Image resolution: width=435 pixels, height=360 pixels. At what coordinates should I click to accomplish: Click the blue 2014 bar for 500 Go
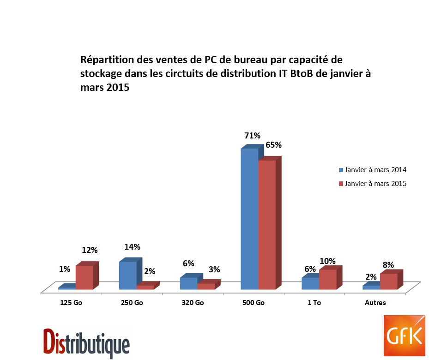[249, 219]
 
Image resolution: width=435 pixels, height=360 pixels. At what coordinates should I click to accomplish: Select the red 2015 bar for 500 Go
[267, 225]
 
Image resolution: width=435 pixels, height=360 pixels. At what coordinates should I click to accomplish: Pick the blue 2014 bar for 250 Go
[128, 276]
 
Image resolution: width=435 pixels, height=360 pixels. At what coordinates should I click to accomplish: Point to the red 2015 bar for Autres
[388, 282]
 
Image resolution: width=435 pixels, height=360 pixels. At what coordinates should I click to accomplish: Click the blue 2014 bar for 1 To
[310, 283]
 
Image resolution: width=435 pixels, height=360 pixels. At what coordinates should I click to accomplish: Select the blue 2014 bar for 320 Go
[188, 283]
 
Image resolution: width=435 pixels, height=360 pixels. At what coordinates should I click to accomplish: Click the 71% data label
[253, 136]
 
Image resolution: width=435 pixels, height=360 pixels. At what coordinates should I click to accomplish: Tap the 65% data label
[273, 145]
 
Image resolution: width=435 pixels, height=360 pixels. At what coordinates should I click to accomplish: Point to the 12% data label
[90, 250]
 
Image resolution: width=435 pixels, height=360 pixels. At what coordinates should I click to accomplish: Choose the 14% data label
[132, 247]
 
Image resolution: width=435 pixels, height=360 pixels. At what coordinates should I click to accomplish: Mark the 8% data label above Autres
[388, 265]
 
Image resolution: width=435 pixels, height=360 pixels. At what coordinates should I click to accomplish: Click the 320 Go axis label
[193, 303]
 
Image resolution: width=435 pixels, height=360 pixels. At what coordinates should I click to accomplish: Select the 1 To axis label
[314, 303]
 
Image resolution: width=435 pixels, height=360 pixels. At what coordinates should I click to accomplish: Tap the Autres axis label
[375, 303]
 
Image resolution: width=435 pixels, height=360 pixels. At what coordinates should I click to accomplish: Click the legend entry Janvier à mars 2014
[373, 170]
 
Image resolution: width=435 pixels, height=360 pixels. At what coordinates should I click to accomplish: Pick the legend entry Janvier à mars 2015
[373, 184]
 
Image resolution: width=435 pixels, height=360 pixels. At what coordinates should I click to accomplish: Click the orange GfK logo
[405, 336]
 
